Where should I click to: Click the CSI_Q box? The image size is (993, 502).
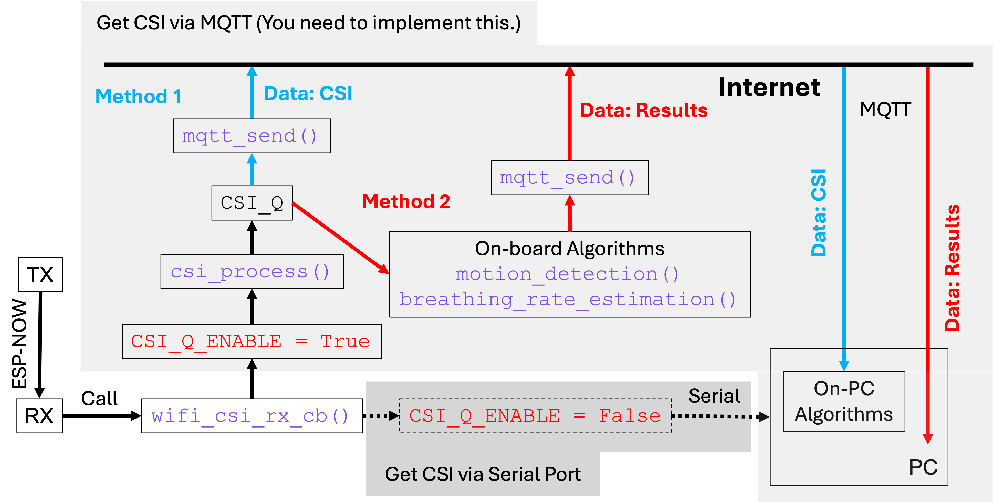[252, 203]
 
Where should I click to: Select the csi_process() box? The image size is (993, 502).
[252, 272]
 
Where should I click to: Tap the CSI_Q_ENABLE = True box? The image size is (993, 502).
[252, 341]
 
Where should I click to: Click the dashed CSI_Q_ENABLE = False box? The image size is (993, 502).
[535, 416]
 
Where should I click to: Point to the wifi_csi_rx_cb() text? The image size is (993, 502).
[250, 416]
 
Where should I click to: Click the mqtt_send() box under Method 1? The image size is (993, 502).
[252, 136]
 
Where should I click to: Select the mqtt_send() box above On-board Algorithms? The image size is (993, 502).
[569, 178]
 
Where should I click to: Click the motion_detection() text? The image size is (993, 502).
[567, 274]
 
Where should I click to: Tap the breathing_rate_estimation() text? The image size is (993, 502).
[567, 299]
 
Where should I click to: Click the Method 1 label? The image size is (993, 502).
[138, 96]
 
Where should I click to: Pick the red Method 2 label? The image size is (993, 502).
[406, 201]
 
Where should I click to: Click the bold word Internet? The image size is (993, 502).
[769, 88]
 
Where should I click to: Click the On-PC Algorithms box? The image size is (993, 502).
[844, 401]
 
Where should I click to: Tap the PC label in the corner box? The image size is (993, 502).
[923, 467]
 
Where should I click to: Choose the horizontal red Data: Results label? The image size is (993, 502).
[643, 111]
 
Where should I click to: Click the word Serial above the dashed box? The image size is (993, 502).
[714, 396]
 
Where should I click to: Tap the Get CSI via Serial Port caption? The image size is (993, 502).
[483, 474]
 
